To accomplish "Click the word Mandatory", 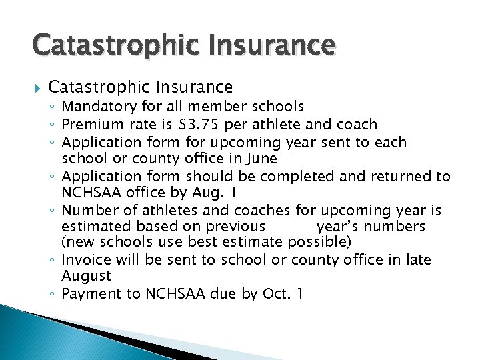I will coord(97,107).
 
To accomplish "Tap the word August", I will coord(86,275).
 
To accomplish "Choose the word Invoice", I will coord(85,259).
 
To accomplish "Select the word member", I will coord(214,107).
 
